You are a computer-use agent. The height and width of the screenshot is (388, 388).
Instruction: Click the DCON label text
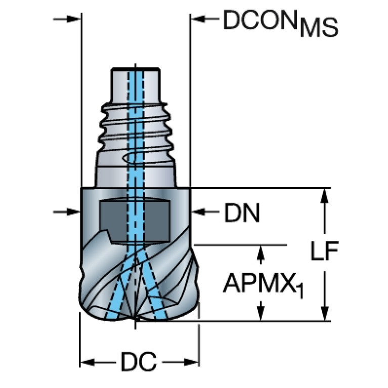(260, 20)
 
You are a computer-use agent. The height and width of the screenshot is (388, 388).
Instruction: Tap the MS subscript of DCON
(319, 28)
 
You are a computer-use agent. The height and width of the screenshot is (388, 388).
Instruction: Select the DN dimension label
(242, 212)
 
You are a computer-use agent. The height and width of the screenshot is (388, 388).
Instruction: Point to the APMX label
(259, 283)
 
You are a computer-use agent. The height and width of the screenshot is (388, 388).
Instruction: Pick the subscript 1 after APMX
(299, 290)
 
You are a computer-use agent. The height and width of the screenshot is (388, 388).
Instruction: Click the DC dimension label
(139, 362)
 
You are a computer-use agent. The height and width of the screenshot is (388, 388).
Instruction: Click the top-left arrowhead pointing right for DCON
(73, 19)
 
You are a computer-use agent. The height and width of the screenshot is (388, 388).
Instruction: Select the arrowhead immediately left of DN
(198, 212)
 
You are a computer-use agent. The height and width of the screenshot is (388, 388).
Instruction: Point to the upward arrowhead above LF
(325, 196)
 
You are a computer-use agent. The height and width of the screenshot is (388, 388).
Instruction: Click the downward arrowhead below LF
(325, 313)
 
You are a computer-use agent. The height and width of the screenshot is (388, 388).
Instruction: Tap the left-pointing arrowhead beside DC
(87, 362)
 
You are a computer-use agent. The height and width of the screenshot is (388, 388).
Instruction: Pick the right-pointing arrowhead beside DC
(191, 362)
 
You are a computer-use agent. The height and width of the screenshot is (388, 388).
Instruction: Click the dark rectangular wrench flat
(135, 221)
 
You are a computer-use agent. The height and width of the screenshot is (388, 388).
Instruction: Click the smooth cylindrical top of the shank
(135, 84)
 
